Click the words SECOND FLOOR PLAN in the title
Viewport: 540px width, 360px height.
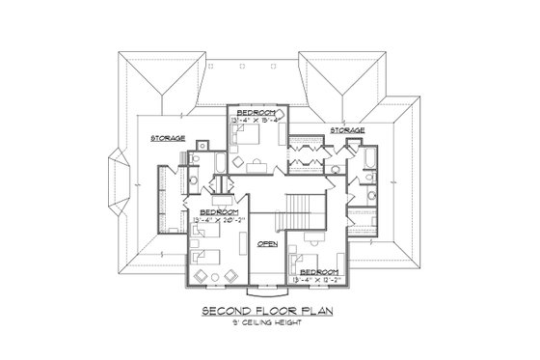click(269, 311)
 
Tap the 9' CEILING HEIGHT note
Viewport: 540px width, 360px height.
click(269, 322)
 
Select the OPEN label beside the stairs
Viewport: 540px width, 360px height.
click(267, 244)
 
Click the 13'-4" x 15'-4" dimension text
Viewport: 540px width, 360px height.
click(256, 121)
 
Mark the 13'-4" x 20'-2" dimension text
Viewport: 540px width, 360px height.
click(220, 218)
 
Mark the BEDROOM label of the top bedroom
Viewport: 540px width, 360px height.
click(256, 112)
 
